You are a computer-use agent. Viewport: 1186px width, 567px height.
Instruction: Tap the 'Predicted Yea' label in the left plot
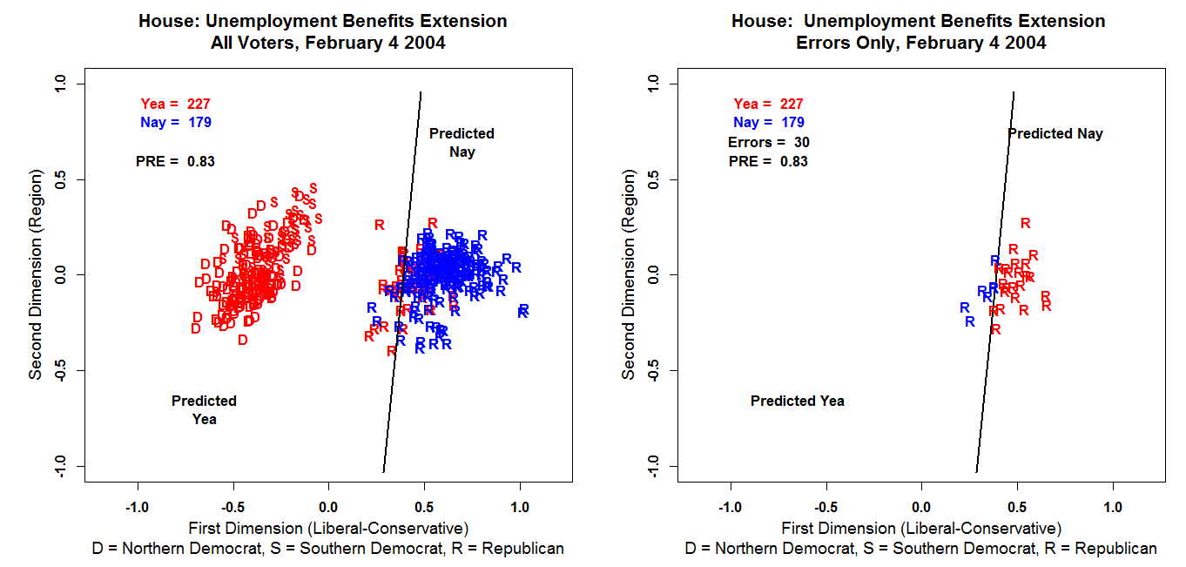(x=204, y=409)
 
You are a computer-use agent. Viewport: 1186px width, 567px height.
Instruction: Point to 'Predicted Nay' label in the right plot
(x=1055, y=133)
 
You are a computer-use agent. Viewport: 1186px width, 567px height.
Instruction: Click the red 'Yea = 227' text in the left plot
(x=175, y=104)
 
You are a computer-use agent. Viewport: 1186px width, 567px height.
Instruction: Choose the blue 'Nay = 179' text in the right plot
(x=769, y=123)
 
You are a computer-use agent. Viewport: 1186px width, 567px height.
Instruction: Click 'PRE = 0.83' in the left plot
(x=175, y=161)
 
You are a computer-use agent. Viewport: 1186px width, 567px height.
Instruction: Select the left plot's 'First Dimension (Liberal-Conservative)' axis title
(x=328, y=528)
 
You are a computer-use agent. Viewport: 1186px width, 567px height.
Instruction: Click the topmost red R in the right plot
(x=1025, y=223)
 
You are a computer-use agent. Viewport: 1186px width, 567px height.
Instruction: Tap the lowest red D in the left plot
(x=243, y=340)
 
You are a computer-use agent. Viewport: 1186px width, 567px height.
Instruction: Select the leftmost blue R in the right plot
(x=964, y=307)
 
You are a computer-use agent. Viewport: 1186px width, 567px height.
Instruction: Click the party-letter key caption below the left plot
(x=328, y=549)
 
